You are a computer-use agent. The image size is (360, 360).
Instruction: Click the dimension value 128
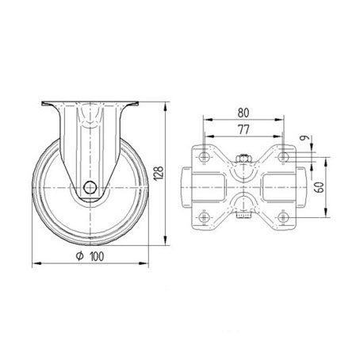[159, 174]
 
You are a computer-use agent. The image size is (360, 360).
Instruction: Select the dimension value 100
[97, 256]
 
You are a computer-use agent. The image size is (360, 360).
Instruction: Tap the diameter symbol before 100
[80, 256]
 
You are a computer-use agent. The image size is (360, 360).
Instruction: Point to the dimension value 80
[243, 113]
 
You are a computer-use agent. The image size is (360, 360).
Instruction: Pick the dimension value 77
[243, 129]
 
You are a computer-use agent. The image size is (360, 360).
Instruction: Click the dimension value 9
[305, 138]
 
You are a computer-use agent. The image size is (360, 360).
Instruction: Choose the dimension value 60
[320, 187]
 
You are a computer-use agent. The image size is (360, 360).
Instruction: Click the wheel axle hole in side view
[90, 187]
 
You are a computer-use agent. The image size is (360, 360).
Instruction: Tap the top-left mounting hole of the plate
[204, 157]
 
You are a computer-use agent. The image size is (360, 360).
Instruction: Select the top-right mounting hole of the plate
[283, 157]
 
